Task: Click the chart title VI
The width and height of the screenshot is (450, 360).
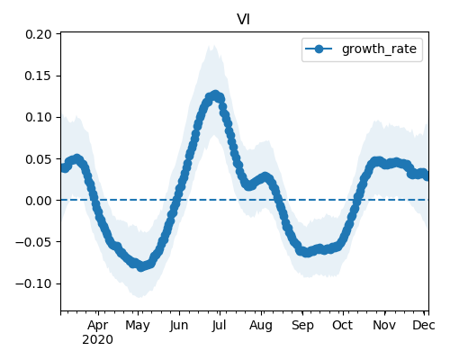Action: tap(243, 20)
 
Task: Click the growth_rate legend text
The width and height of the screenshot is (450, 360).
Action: tap(379, 49)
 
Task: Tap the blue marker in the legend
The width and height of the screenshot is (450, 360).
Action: tap(319, 49)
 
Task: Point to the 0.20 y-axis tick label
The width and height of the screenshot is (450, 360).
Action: tap(39, 34)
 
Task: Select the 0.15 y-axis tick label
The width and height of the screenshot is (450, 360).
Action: tap(39, 76)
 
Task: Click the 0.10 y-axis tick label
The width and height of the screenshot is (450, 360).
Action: tap(39, 117)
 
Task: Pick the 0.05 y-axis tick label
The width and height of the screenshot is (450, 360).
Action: tap(39, 159)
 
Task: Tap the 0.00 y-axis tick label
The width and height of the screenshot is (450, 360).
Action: tap(39, 201)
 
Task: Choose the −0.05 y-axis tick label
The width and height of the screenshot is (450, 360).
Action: tap(33, 242)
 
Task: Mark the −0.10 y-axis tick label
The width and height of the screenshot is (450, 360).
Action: tap(33, 283)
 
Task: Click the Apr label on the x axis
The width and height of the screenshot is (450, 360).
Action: tap(98, 325)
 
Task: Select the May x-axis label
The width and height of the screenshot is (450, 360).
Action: tap(138, 325)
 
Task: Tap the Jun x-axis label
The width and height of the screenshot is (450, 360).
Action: tap(179, 325)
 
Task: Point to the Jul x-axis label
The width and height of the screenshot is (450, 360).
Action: tap(220, 325)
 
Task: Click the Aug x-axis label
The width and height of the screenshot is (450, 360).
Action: tap(261, 325)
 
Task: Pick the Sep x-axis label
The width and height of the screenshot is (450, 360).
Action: tap(302, 325)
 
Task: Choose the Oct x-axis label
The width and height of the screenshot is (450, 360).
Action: tap(343, 325)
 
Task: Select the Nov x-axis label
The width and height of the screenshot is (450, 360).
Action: tap(384, 325)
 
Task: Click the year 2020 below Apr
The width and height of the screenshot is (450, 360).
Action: tap(98, 340)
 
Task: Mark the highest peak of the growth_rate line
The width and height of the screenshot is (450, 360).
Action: tap(215, 95)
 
